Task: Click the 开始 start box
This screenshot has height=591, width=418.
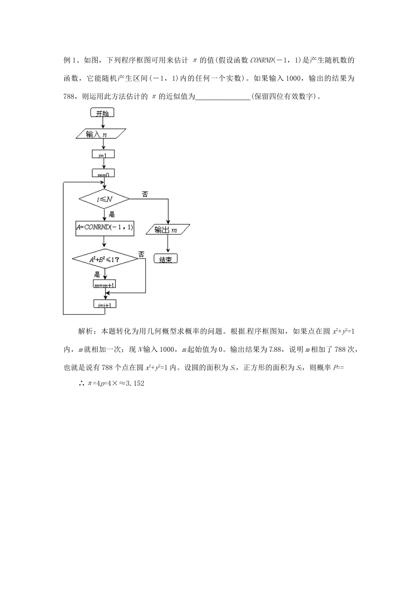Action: coord(102,113)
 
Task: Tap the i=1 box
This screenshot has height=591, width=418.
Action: coord(103,154)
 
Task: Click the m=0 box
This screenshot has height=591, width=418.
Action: coord(103,174)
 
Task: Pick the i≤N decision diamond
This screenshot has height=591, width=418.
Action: coord(104,199)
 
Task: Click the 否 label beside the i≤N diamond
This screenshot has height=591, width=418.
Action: coord(145,193)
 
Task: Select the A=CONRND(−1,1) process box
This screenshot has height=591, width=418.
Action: coord(105,228)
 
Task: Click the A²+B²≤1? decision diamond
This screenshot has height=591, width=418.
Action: coord(105,259)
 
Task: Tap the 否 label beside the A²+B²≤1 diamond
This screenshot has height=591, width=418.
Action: coord(141,254)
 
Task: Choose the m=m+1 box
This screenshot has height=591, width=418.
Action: coord(105,285)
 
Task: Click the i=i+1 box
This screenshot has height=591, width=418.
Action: coord(105,304)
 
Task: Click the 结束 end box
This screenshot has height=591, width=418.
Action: coord(165,259)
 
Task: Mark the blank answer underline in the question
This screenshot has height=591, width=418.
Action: coord(222,97)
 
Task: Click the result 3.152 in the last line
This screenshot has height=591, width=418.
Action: coord(135,383)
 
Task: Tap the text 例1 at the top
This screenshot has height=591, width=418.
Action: coord(71,60)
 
